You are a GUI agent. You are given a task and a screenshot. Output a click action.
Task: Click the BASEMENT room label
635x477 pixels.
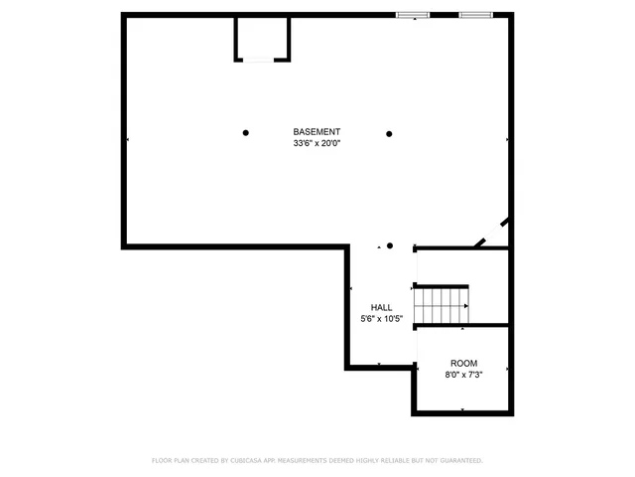(x=317, y=132)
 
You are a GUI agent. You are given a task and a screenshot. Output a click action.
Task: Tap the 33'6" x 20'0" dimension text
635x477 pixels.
(x=317, y=144)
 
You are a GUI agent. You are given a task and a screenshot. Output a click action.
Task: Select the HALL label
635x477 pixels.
(x=381, y=308)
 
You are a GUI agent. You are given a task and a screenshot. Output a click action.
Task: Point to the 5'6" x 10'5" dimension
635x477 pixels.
(x=381, y=319)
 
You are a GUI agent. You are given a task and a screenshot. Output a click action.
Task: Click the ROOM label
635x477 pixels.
(x=463, y=364)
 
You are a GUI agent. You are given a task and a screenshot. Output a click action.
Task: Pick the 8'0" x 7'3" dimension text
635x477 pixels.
(x=463, y=375)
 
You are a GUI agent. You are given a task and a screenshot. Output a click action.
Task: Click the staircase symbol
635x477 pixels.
(x=441, y=303)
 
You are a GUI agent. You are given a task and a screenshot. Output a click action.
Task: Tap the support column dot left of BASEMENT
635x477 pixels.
(x=246, y=133)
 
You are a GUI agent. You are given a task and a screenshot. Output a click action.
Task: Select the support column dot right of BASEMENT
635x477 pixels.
(x=389, y=133)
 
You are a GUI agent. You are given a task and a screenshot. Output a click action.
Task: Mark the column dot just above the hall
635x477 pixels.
(x=390, y=245)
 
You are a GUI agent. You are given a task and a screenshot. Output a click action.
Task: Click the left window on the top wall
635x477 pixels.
(x=412, y=15)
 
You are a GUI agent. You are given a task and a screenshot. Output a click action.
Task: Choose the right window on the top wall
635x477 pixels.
(x=475, y=15)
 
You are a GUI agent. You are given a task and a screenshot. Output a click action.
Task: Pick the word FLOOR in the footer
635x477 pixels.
(x=161, y=461)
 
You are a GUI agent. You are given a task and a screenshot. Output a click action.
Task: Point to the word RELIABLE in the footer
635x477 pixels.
(x=401, y=461)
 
